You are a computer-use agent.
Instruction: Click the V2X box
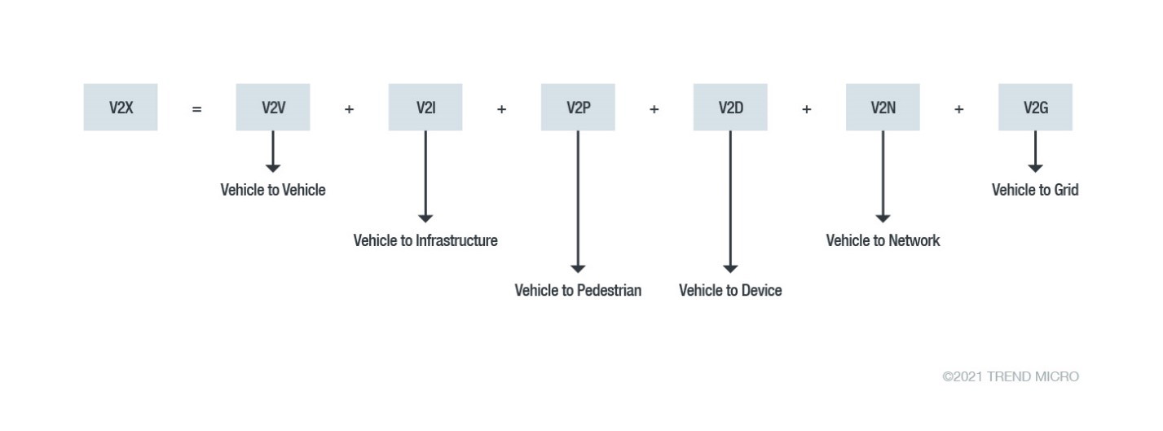121,107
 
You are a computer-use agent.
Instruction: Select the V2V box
273,107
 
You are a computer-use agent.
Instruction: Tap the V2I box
425,107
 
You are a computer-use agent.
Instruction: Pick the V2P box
578,107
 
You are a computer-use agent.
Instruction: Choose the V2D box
730,107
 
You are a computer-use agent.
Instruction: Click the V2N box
883,107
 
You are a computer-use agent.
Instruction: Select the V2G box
1035,107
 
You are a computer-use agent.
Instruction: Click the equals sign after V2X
196,108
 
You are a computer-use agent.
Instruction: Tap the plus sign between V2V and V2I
349,108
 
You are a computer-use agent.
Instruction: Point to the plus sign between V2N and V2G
958,108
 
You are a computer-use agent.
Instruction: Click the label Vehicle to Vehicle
273,190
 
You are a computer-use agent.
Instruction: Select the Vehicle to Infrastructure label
425,240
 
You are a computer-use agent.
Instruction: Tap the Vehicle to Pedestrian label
578,290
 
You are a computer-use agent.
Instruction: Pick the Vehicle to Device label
730,290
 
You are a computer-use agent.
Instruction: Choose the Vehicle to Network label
883,240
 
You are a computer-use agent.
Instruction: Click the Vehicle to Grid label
1035,190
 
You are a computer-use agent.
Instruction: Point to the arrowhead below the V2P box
578,268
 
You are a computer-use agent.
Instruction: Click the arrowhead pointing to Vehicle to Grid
1035,168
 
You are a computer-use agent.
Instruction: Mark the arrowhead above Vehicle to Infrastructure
425,218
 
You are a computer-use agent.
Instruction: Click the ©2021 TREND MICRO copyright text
1011,376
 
